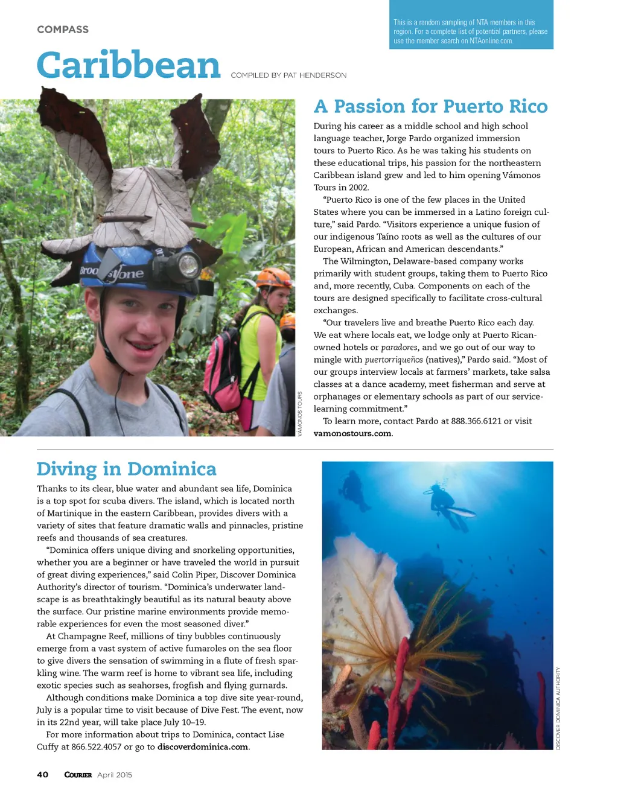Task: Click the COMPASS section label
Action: pos(63,30)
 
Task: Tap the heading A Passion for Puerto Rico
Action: pos(430,106)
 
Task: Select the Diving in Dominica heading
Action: pos(126,469)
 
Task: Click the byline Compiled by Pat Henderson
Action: pos(288,75)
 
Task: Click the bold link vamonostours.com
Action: pos(352,433)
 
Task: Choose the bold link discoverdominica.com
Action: pos(203,746)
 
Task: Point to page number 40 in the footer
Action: pos(43,775)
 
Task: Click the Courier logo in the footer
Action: pos(78,775)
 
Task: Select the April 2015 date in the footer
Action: pos(115,775)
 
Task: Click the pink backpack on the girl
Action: pos(223,368)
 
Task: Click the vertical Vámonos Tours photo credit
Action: pos(300,413)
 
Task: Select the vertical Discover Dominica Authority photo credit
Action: pos(558,708)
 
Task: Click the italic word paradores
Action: pos(400,347)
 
